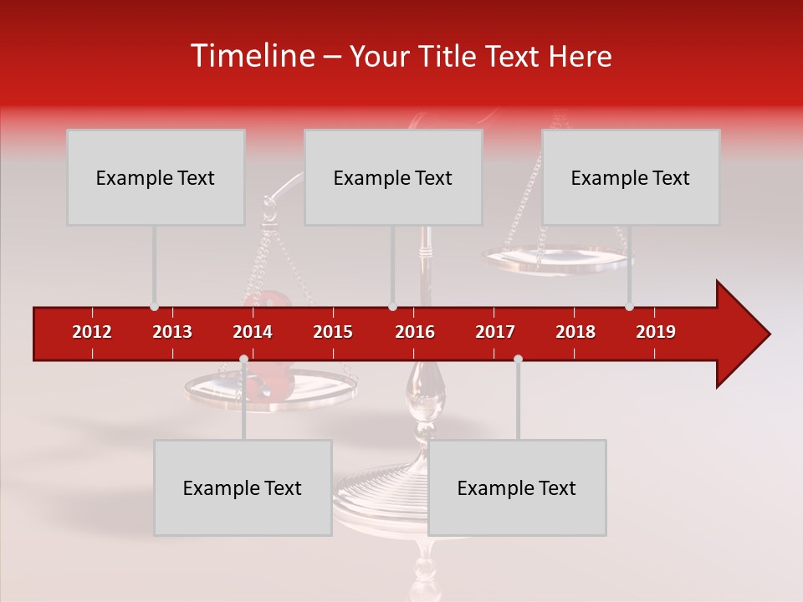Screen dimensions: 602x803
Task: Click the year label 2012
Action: click(x=92, y=332)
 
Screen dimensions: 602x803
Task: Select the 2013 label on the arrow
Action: click(x=172, y=332)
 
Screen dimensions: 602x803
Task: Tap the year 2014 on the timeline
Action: click(x=253, y=332)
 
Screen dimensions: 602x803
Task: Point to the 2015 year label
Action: click(x=333, y=332)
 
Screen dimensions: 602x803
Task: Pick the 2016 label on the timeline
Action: click(x=415, y=332)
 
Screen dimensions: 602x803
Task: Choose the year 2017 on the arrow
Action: click(x=495, y=332)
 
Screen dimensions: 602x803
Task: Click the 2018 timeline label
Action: click(x=575, y=332)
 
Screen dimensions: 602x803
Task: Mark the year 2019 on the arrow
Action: click(x=656, y=332)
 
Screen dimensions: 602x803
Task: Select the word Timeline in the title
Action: click(x=251, y=56)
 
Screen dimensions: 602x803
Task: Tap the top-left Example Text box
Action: click(x=156, y=177)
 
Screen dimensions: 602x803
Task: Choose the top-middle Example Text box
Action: click(x=393, y=177)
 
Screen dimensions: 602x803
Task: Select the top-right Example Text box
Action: click(x=631, y=177)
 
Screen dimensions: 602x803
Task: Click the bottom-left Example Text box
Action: click(x=243, y=487)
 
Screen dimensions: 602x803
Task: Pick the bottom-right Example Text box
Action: click(x=517, y=487)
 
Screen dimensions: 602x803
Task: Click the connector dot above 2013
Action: click(x=154, y=307)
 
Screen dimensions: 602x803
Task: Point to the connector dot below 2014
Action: click(x=243, y=360)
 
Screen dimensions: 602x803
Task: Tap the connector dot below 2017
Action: click(x=518, y=360)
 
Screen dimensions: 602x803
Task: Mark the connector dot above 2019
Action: click(x=630, y=307)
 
